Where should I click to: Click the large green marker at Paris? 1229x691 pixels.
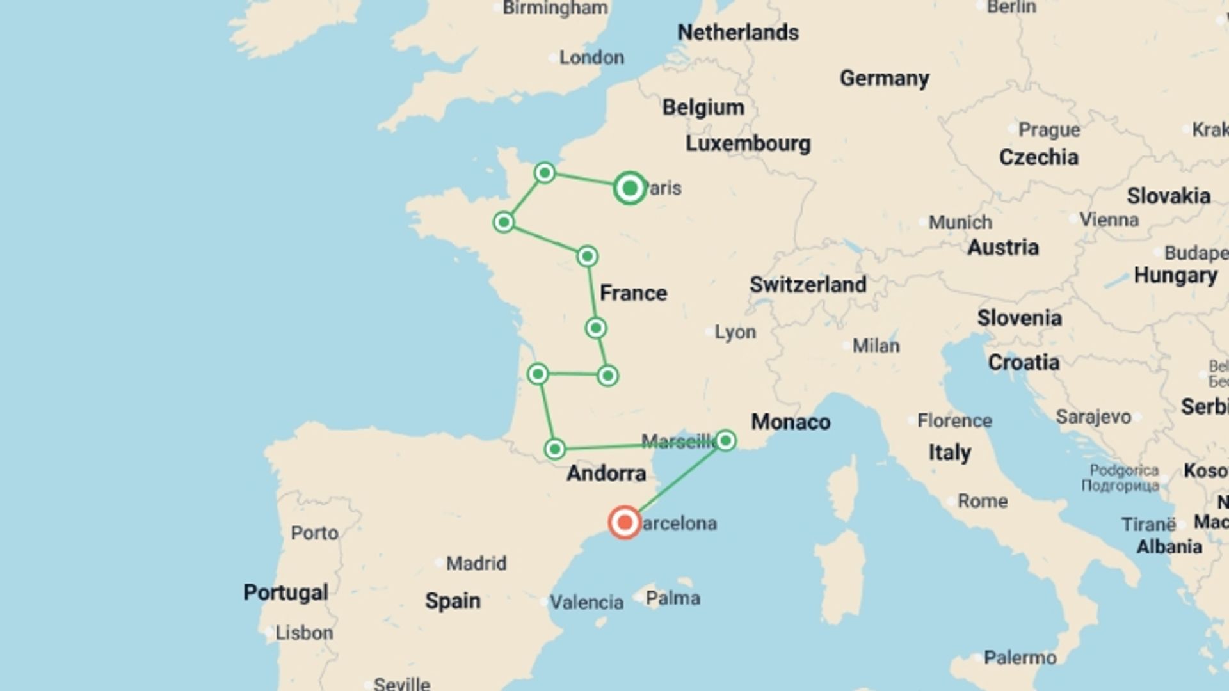point(629,188)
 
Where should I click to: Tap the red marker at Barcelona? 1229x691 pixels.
point(624,523)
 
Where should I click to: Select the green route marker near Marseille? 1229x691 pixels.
point(725,440)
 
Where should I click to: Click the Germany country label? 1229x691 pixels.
point(884,78)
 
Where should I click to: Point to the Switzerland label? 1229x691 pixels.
point(808,285)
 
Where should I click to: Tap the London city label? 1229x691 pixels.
point(591,58)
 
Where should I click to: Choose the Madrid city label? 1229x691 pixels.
point(476,563)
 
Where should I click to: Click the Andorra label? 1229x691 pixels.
point(606,473)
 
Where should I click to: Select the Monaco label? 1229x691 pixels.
point(791,422)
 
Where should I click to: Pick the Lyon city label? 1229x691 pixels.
point(734,332)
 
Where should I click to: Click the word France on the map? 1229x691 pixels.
point(633,293)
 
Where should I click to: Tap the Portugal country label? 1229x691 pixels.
point(285,592)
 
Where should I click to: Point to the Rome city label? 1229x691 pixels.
point(982,501)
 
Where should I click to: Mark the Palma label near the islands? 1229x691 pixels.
point(672,598)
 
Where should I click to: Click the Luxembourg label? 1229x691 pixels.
point(748,143)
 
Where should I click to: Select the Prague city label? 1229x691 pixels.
point(1048,130)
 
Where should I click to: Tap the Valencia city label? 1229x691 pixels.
point(586,602)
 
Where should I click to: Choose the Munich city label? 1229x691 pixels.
point(960,223)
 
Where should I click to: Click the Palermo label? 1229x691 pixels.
point(1020,657)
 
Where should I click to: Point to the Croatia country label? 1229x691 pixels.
point(1023,363)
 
